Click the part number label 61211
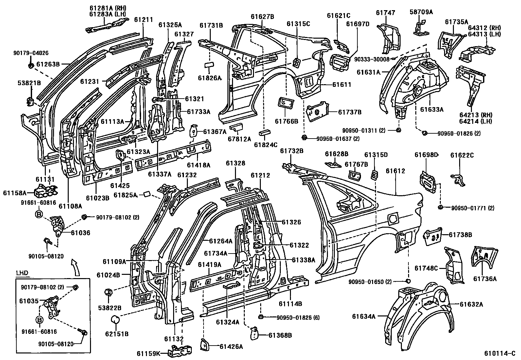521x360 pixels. [143, 20]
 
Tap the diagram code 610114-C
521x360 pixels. [500, 354]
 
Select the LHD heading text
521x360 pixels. [22, 273]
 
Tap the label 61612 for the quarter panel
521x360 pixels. [395, 171]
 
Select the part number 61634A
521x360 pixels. [363, 316]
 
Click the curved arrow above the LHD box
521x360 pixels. [76, 266]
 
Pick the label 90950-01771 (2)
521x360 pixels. [473, 208]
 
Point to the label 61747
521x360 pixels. [385, 13]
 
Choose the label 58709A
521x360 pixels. [421, 12]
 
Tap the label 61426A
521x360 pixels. [231, 346]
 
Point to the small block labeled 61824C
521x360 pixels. [264, 133]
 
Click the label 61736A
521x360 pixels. [485, 279]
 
